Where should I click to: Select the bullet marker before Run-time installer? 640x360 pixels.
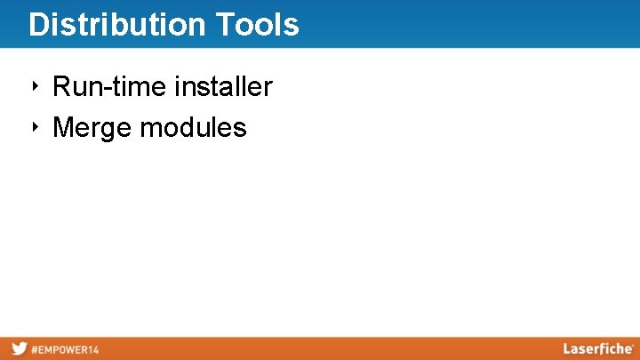pos(36,86)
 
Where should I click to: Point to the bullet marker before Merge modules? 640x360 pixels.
pos(36,127)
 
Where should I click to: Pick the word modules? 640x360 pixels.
pos(193,128)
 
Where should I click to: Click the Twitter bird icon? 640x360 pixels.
pos(19,348)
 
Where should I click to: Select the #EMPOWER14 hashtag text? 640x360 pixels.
pos(65,349)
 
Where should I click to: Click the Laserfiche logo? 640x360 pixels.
pos(597,348)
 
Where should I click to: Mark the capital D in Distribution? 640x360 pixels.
pos(37,25)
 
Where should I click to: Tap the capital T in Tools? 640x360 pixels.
pos(222,25)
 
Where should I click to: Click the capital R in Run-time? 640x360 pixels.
pos(61,87)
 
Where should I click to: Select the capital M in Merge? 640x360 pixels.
pos(63,128)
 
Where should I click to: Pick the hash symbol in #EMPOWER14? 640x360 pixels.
pos(35,349)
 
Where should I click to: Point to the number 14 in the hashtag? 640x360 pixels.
pos(92,349)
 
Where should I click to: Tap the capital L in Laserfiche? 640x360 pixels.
pos(566,348)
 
